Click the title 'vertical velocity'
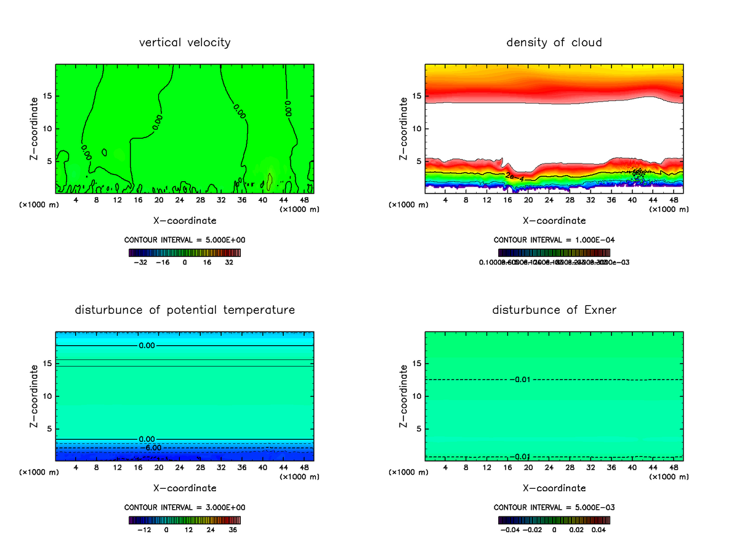click(x=185, y=43)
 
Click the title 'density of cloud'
click(x=554, y=43)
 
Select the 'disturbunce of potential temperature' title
click(x=185, y=309)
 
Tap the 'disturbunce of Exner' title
click(x=554, y=309)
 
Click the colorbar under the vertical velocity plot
click(x=185, y=253)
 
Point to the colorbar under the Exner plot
click(x=554, y=520)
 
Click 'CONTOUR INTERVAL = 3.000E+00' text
click(x=185, y=507)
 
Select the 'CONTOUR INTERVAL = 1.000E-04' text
click(x=554, y=240)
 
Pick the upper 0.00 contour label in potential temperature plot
click(x=147, y=346)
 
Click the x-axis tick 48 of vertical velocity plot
click(x=304, y=200)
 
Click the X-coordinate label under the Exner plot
click(x=554, y=488)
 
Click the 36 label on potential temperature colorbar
click(x=233, y=529)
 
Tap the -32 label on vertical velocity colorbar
click(x=141, y=262)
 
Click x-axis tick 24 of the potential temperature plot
click(x=179, y=467)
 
